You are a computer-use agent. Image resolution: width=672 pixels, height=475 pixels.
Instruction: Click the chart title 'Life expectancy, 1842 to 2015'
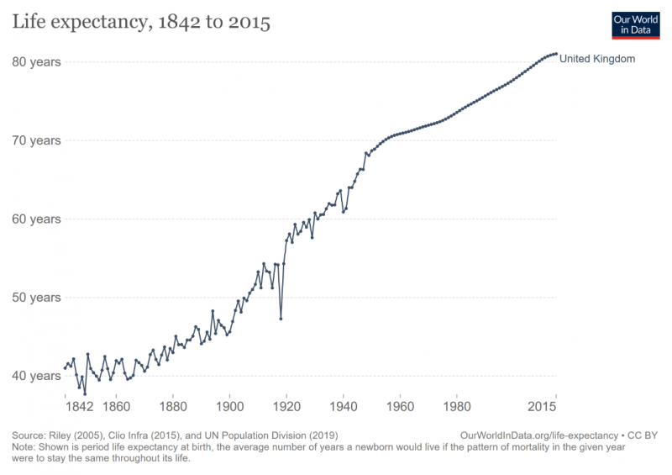(140, 24)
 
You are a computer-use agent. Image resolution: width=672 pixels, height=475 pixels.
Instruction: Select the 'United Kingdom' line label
(597, 59)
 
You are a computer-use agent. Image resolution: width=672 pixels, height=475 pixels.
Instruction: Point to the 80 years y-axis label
(36, 62)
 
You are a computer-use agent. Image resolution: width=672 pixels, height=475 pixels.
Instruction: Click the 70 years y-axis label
(36, 140)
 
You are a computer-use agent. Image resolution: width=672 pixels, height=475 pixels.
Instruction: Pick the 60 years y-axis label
(36, 219)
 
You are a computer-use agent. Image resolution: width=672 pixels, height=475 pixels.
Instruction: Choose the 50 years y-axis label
(36, 298)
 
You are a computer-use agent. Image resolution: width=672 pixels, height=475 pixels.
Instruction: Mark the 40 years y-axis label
(36, 376)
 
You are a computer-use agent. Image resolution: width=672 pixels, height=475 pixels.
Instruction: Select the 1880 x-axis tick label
(173, 407)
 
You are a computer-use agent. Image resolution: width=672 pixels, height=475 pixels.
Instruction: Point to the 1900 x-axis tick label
(229, 407)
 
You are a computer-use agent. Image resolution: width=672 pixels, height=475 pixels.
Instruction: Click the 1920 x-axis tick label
(286, 407)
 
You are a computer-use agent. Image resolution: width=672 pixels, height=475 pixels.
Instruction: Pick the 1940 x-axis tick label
(343, 407)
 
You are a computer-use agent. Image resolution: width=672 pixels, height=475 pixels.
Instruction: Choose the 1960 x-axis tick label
(400, 407)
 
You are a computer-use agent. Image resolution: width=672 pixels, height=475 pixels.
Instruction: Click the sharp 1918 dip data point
(281, 319)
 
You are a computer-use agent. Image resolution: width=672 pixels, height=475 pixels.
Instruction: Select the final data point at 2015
(555, 54)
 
